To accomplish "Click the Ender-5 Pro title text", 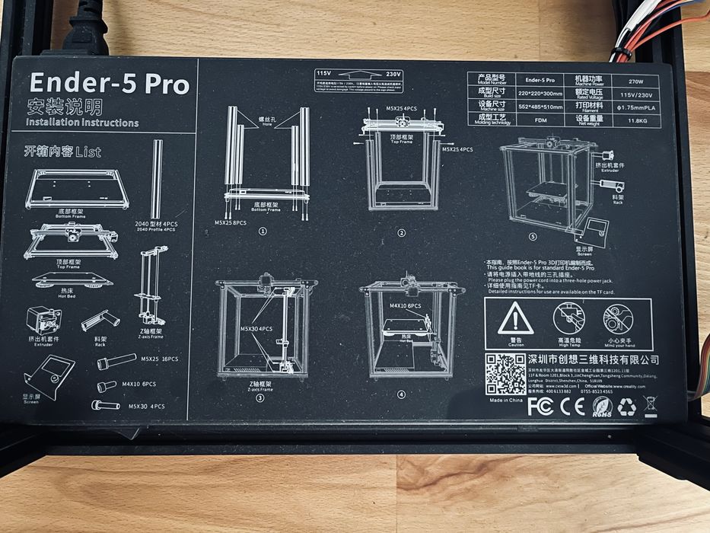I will pyautogui.click(x=107, y=84).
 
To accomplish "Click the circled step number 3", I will pyautogui.click(x=259, y=397).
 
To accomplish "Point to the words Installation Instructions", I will pyautogui.click(x=82, y=122).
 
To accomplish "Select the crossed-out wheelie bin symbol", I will pyautogui.click(x=651, y=406).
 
